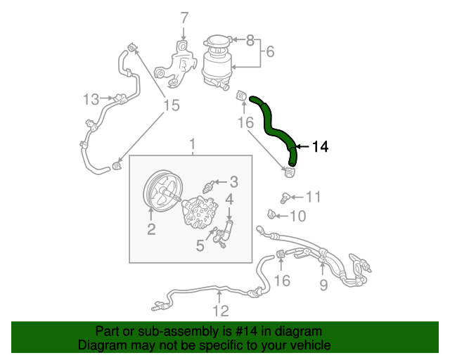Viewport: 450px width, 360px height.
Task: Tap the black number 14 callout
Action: point(320,147)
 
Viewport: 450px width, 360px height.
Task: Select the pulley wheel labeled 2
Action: point(158,191)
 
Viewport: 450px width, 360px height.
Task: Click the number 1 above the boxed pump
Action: point(191,145)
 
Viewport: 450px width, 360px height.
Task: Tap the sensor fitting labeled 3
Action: point(209,187)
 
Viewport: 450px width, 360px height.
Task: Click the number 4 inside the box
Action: point(229,201)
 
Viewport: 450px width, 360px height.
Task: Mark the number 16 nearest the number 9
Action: point(281,281)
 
